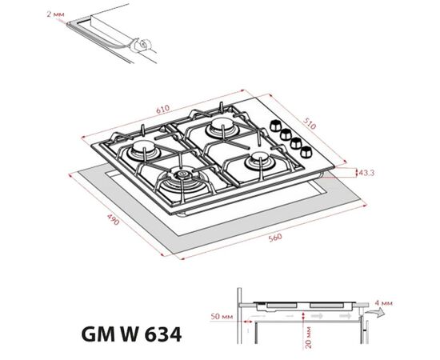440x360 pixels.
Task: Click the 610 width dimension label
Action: pos(162,109)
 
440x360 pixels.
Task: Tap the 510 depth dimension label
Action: pos(310,123)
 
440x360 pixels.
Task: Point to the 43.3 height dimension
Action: pos(366,172)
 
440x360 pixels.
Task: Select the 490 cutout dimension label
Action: pos(113,219)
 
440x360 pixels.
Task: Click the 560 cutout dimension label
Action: pos(275,238)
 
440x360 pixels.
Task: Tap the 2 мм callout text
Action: pos(55,14)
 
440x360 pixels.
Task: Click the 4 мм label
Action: pos(383,303)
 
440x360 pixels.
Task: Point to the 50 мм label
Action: pos(222,316)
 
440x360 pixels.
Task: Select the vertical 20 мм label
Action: pos(308,337)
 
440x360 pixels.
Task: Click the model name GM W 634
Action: pos(131,334)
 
